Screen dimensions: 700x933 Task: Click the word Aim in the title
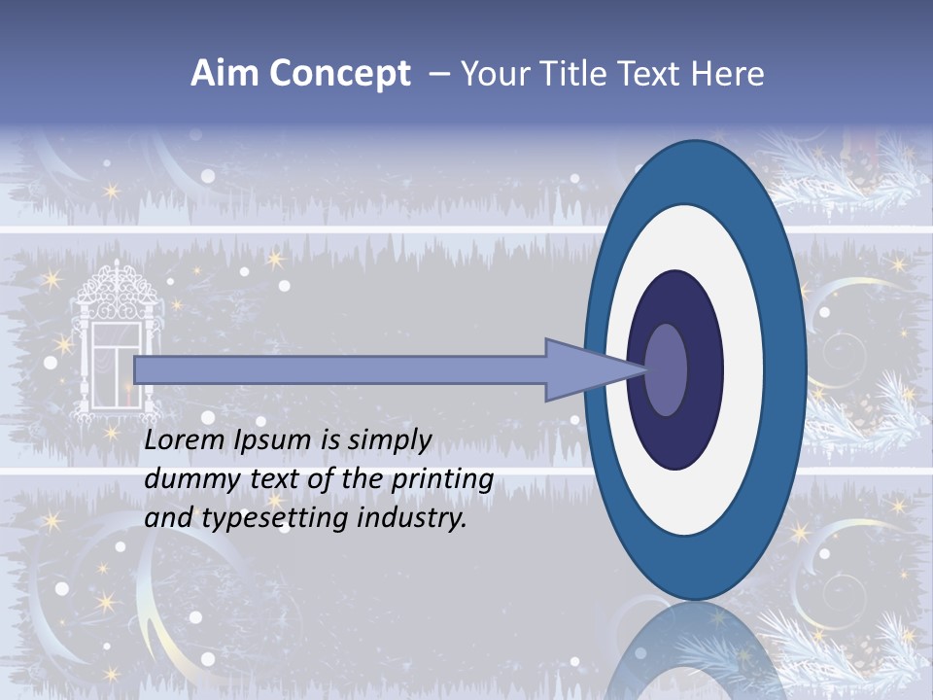point(225,74)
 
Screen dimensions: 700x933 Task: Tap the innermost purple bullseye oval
point(666,369)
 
